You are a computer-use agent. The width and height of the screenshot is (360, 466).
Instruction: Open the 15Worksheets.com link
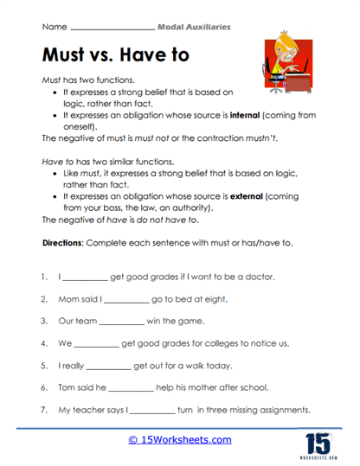(x=180, y=440)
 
